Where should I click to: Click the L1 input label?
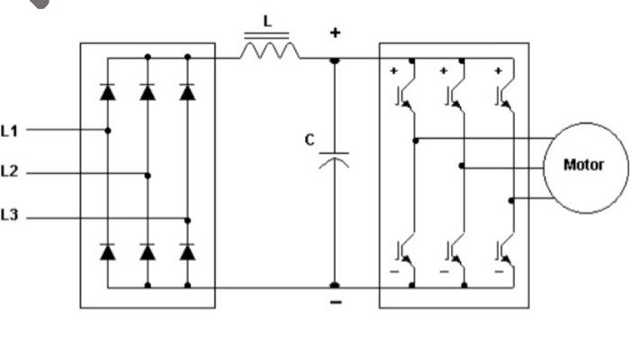9,130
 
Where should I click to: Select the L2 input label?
9,170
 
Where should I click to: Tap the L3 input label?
9,215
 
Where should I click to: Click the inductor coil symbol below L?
269,52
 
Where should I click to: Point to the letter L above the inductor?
266,20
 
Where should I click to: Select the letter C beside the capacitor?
310,140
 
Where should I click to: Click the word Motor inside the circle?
583,165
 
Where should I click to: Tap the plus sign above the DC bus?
335,33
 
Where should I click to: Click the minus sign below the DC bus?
335,302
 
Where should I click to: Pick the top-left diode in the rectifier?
107,92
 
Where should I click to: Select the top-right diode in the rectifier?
187,92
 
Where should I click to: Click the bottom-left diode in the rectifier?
107,252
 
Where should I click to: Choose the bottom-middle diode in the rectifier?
148,252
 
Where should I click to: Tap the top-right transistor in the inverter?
504,93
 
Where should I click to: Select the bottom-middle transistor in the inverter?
453,253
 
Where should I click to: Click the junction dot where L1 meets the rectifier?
107,130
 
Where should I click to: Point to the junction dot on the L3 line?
187,220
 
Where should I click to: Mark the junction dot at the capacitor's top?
334,59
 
